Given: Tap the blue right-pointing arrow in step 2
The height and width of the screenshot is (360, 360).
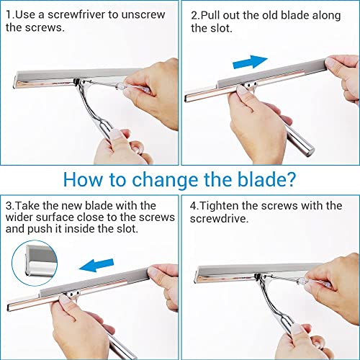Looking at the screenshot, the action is pyautogui.click(x=250, y=62).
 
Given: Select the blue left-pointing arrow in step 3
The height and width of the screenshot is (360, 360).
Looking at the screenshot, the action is pyautogui.click(x=96, y=265).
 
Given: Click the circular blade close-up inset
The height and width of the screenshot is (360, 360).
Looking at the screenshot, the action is pyautogui.click(x=35, y=263).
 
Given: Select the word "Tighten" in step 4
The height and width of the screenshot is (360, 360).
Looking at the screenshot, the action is pyautogui.click(x=219, y=206).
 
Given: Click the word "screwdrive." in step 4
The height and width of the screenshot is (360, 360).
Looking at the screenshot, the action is pyautogui.click(x=219, y=219).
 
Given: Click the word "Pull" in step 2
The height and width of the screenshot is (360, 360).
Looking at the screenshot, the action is pyautogui.click(x=210, y=15).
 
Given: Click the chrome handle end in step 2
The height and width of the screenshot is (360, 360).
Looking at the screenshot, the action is pyautogui.click(x=309, y=150).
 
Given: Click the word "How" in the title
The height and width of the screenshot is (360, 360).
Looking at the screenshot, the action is pyautogui.click(x=82, y=179).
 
